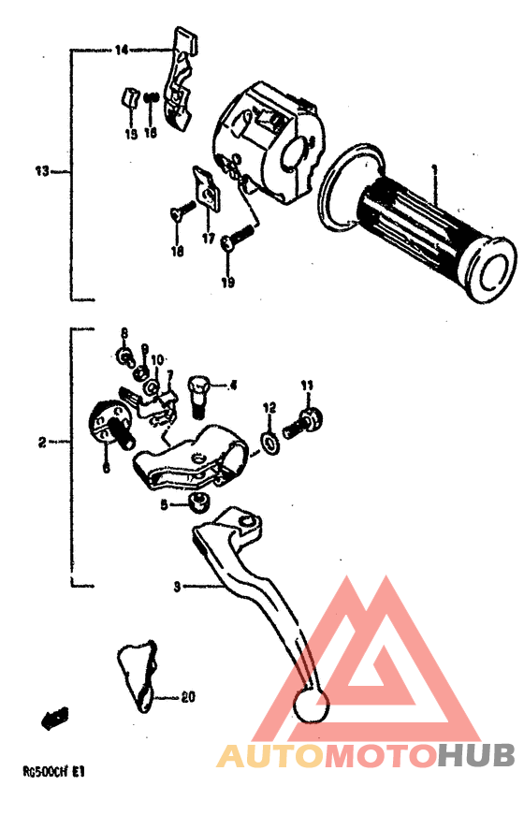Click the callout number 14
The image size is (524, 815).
(x=122, y=50)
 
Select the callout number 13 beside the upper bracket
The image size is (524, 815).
(x=41, y=172)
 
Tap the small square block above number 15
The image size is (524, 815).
(x=129, y=96)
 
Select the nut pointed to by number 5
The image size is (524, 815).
(x=196, y=503)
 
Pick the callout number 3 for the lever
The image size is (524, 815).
(x=175, y=587)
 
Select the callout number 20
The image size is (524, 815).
(x=187, y=697)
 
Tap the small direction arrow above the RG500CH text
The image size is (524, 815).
(x=54, y=719)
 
